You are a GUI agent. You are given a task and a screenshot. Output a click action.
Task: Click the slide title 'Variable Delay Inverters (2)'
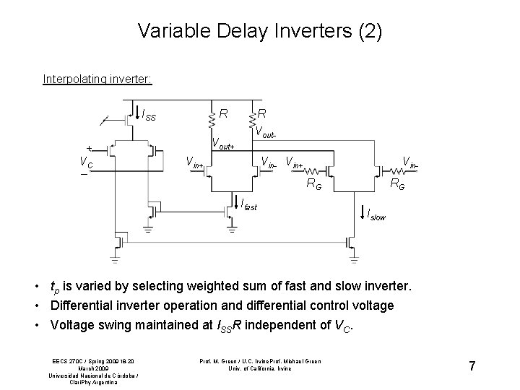click(x=260, y=31)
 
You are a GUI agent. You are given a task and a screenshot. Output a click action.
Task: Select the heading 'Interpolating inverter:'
click(x=97, y=78)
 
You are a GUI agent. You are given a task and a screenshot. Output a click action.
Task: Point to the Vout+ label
click(x=222, y=143)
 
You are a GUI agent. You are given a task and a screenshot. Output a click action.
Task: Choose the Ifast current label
click(x=246, y=207)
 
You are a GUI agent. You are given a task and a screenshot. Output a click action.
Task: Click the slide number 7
click(x=472, y=367)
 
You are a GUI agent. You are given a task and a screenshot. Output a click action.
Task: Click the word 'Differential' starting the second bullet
click(x=83, y=305)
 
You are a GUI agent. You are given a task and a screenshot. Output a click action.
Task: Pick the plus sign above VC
click(x=89, y=146)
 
